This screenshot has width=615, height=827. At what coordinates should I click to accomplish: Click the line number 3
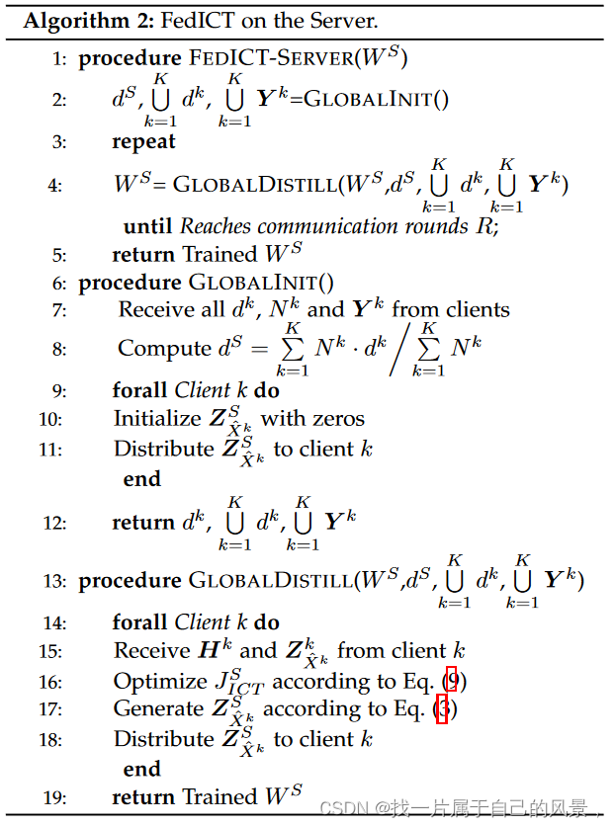coord(59,141)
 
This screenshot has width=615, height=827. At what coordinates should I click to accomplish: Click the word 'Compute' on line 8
coord(163,349)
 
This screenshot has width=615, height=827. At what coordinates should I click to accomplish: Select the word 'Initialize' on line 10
coord(158,418)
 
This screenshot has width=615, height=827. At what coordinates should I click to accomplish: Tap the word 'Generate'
coord(158,708)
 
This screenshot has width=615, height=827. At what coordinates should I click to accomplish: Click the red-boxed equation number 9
coord(452,681)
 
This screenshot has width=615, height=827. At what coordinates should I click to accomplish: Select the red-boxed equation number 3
coord(442,709)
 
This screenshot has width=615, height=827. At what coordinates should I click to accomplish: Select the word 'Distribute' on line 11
coord(163,449)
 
